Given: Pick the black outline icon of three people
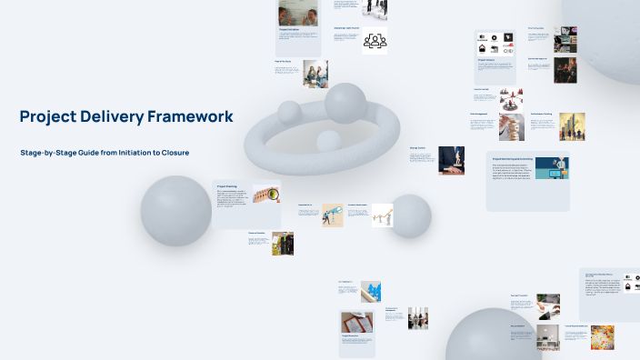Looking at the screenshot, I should pyautogui.click(x=375, y=41).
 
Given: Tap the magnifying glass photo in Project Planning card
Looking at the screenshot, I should pyautogui.click(x=265, y=193).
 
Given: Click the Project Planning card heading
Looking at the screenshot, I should pyautogui.click(x=227, y=185).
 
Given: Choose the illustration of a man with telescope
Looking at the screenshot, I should pyautogui.click(x=332, y=215).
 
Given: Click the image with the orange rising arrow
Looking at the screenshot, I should pyautogui.click(x=382, y=215).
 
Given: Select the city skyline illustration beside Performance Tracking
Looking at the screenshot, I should pyautogui.click(x=572, y=126).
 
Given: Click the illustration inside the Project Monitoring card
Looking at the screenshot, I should pyautogui.click(x=551, y=169).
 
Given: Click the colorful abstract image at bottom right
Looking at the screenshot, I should pyautogui.click(x=602, y=338).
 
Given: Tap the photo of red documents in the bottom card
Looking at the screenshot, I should pyautogui.click(x=355, y=323).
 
